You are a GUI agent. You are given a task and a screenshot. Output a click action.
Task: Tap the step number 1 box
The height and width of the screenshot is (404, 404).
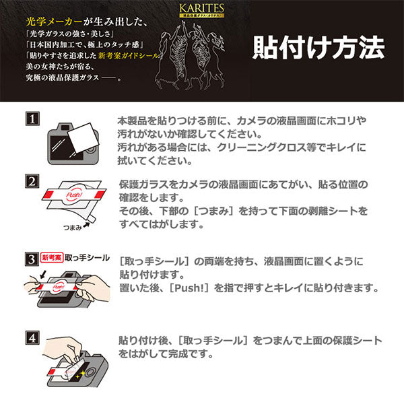click(x=30, y=120)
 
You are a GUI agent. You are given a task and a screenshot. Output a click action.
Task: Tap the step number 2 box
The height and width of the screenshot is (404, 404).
click(x=30, y=181)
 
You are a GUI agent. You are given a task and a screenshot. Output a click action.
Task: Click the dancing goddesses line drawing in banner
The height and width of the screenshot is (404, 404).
click(x=195, y=54)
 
